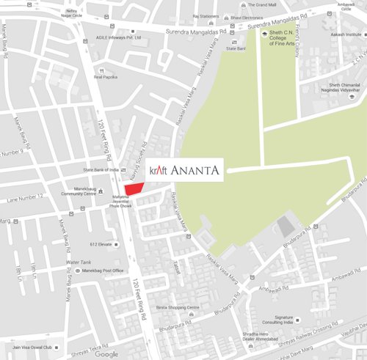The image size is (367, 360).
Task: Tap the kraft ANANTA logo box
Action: tap(185, 170)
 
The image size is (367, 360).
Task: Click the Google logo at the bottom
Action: tap(106, 353)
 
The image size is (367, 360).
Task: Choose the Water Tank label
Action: tap(80, 262)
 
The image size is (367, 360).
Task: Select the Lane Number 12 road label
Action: tap(20, 197)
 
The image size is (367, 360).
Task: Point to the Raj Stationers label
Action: tap(206, 15)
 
